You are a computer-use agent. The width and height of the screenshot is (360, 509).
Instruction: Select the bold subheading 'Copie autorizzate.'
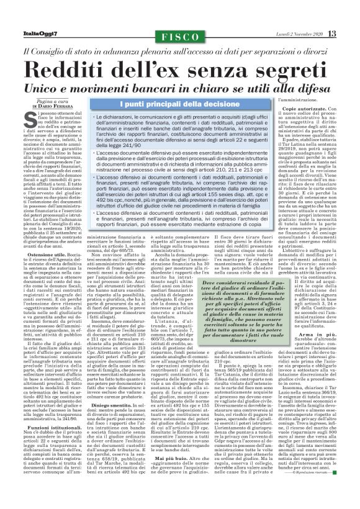296,109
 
